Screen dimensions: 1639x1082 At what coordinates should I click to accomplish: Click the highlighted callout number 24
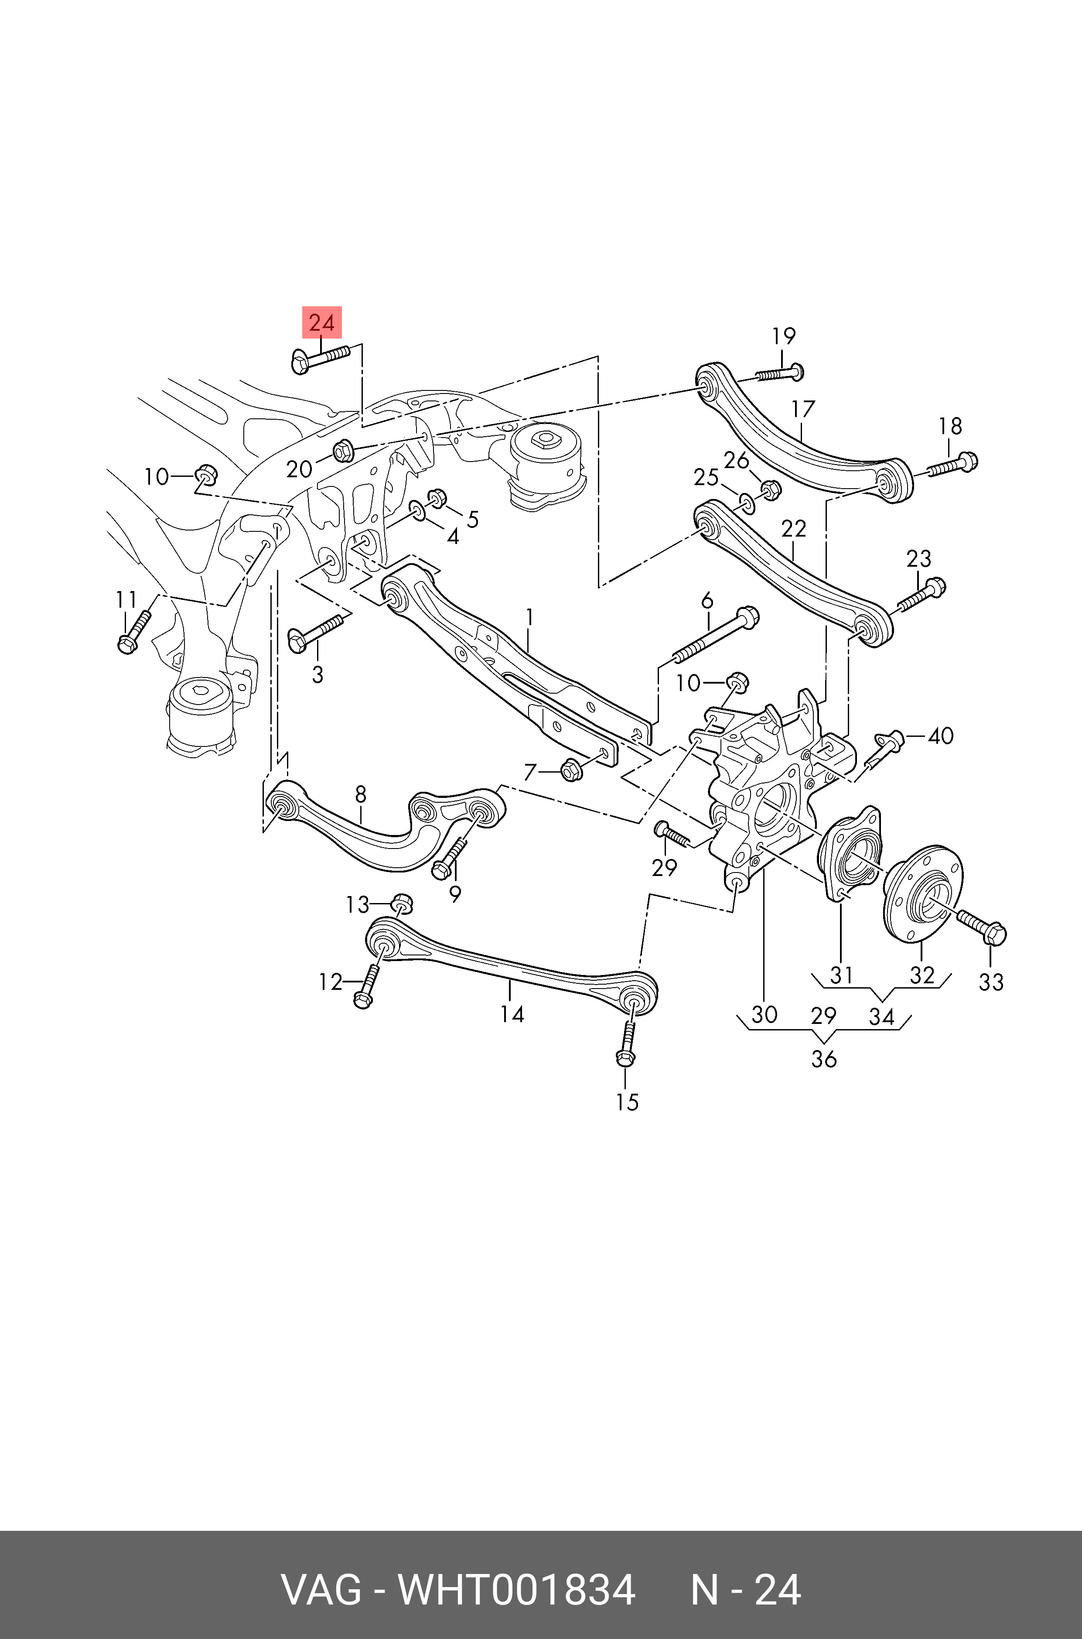[321, 323]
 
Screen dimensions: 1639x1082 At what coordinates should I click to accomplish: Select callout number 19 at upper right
[783, 336]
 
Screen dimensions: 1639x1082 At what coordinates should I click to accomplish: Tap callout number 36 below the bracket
[823, 1059]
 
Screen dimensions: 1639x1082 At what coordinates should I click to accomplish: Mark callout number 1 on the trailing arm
[530, 616]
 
